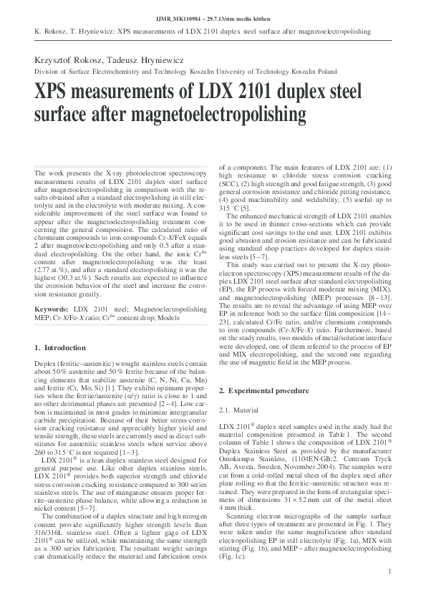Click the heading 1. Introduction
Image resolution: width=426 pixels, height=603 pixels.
(x=60, y=347)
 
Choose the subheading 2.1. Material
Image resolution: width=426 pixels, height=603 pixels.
(x=238, y=410)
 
